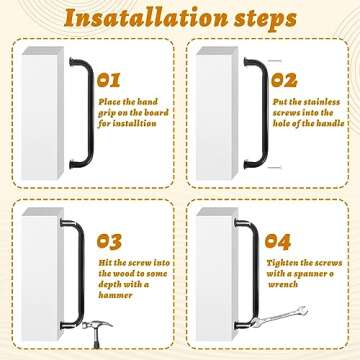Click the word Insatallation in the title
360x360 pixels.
coord(131,19)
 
